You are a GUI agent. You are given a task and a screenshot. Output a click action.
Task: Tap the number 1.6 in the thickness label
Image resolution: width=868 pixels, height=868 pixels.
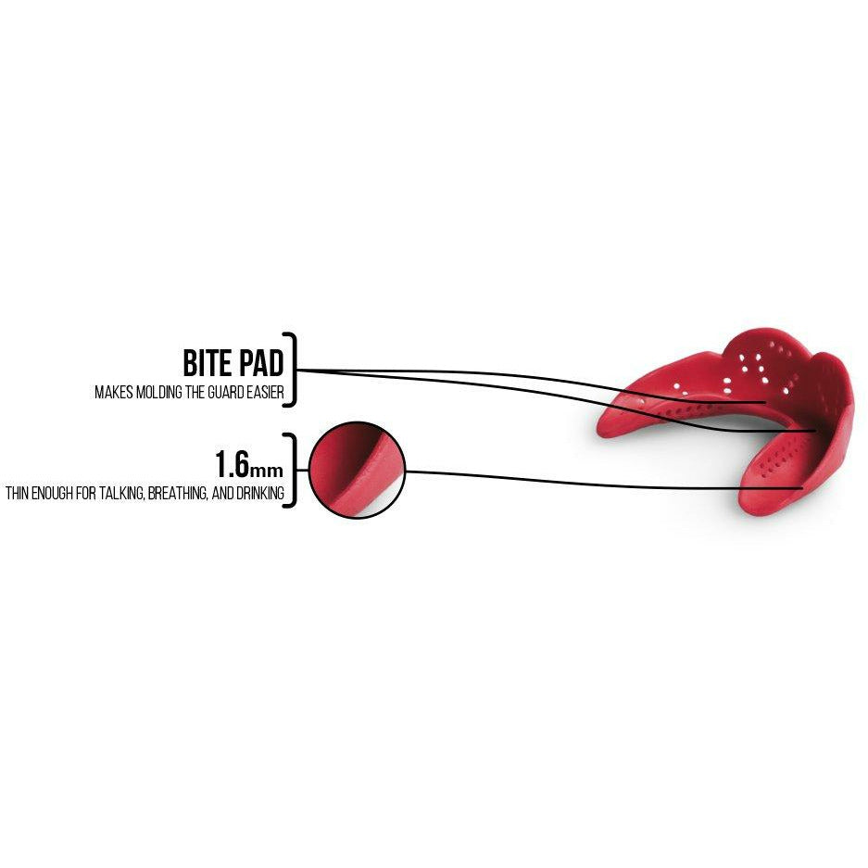pos(232,463)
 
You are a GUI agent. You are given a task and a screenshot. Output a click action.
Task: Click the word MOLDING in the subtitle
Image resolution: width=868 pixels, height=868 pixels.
pos(157,393)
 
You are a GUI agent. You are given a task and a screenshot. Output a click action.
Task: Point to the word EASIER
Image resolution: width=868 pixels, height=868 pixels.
pos(263,393)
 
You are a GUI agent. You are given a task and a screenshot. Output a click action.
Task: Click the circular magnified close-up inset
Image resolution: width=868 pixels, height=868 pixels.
pos(358,471)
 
